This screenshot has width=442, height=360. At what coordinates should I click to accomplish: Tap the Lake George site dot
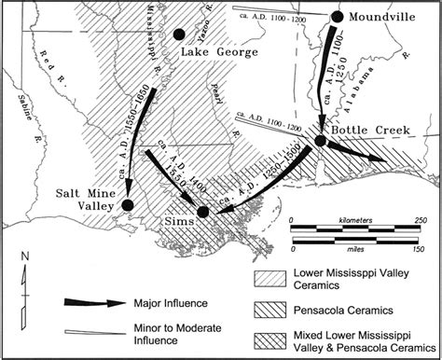tap(179, 35)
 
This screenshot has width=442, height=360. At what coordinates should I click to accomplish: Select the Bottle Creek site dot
tap(320, 140)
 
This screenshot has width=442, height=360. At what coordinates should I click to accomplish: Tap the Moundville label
tap(386, 17)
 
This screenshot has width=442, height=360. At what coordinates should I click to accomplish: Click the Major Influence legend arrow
tap(93, 302)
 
